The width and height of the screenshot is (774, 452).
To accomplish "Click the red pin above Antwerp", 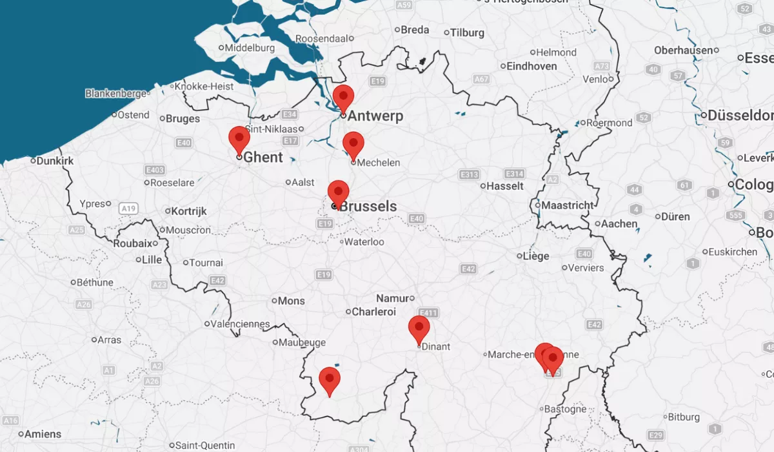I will pyautogui.click(x=343, y=98).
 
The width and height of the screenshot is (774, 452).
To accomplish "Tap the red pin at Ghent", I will pyautogui.click(x=239, y=139).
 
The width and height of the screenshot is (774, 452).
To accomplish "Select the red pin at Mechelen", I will pyautogui.click(x=353, y=144).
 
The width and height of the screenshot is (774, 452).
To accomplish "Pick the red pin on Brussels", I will pyautogui.click(x=338, y=192).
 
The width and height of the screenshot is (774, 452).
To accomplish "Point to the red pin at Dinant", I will pyautogui.click(x=419, y=328).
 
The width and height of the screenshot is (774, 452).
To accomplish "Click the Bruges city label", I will pyautogui.click(x=183, y=119).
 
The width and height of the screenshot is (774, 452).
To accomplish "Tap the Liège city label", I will pyautogui.click(x=535, y=256).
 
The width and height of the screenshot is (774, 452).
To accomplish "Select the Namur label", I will pyautogui.click(x=392, y=298).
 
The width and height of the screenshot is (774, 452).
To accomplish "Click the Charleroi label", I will pyautogui.click(x=373, y=312).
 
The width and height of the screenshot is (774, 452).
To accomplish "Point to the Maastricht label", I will pyautogui.click(x=567, y=205).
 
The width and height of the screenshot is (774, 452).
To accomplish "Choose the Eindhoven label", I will pyautogui.click(x=531, y=66).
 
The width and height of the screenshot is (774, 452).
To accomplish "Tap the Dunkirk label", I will pyautogui.click(x=55, y=161).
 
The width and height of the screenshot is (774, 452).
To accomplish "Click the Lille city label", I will pyautogui.click(x=152, y=260).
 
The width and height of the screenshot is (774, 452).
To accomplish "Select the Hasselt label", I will pyautogui.click(x=504, y=186).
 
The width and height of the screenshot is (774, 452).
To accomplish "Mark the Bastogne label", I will pyautogui.click(x=565, y=409).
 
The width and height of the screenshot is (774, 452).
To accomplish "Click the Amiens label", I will pyautogui.click(x=43, y=434).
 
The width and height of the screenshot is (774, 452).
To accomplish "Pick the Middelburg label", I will pyautogui.click(x=250, y=47).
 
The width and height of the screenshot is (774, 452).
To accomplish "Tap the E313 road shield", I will pyautogui.click(x=469, y=174).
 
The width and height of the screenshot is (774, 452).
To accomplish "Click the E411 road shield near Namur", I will pyautogui.click(x=428, y=313).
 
